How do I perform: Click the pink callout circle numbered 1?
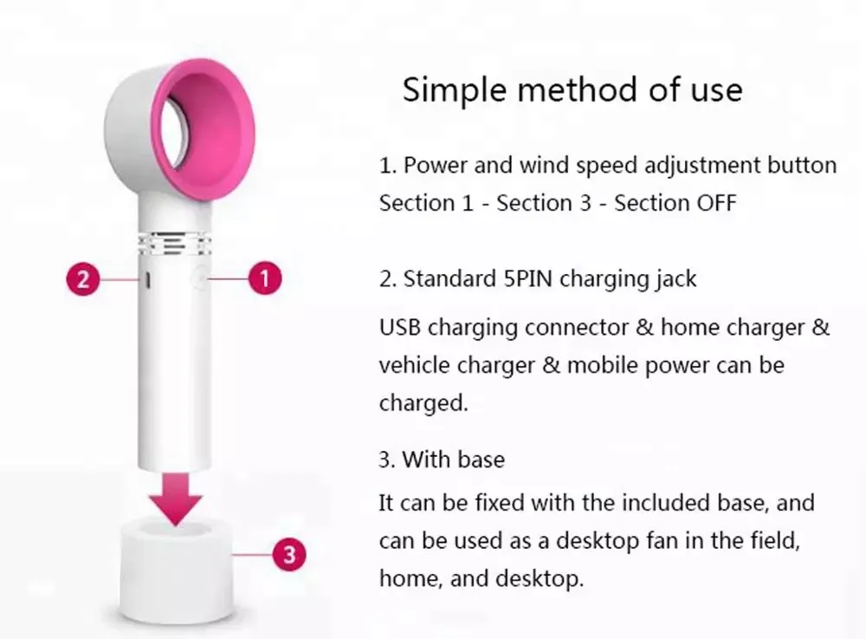point(265,279)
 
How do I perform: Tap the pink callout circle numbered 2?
point(82,279)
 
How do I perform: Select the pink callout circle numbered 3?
point(289,553)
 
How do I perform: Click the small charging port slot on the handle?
point(148,281)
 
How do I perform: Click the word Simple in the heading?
point(453,89)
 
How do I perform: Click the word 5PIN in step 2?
point(530,279)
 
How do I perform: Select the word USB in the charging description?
point(400,328)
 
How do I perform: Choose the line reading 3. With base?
point(442,459)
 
